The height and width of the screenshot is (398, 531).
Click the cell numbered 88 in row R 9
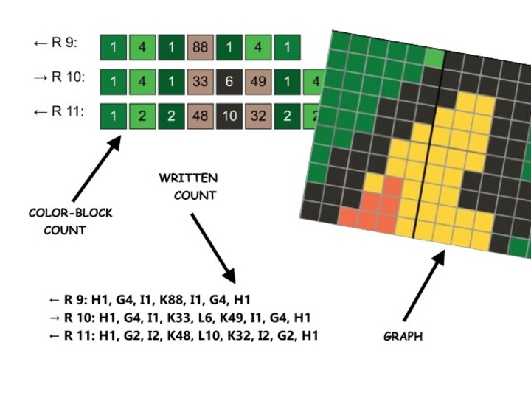[x=200, y=46]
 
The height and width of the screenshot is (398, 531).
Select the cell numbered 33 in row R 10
[x=200, y=81]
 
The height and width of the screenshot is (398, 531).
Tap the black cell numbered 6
[x=229, y=81]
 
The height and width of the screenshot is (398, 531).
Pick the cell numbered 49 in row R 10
[x=258, y=81]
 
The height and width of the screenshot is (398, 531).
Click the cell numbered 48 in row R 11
[x=200, y=116]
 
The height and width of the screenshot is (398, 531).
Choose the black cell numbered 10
[x=229, y=116]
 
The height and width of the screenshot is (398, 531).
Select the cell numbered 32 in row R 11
[x=258, y=116]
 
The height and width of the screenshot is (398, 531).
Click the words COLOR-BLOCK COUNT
[x=70, y=221]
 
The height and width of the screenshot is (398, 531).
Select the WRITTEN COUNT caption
[x=189, y=187]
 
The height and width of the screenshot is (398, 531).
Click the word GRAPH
[x=403, y=336]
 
